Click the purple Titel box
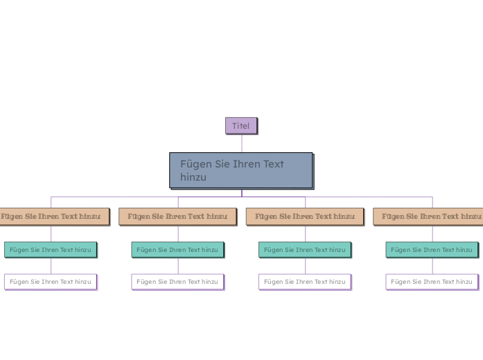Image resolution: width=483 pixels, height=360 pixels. pos(240,125)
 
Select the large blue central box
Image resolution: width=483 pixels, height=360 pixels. pos(240,170)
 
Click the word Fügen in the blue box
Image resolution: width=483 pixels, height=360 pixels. pos(194,164)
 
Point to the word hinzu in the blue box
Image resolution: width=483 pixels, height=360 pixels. pos(193,178)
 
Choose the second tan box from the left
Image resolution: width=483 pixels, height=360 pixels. pos(177,216)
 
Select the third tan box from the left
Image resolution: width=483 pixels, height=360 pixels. pos(305,216)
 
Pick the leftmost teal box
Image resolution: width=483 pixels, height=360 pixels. pos(51,249)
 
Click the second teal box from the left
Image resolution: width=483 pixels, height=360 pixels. pos(177,249)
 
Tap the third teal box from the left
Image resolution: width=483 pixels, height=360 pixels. pos(305,249)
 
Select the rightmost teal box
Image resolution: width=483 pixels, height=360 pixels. pos(432,249)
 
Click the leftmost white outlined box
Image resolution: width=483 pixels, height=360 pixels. pos(51,282)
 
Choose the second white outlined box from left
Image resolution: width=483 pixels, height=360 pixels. pos(177,282)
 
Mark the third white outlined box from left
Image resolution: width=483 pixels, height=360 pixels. pos(305,282)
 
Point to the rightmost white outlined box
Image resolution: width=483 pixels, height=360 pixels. pos(432,282)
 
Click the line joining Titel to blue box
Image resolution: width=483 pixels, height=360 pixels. pos(241,143)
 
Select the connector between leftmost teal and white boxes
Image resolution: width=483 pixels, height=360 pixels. pos(51,266)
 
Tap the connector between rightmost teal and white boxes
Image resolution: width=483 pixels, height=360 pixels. pos(432,266)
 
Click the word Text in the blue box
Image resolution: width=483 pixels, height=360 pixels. pos(271,164)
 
